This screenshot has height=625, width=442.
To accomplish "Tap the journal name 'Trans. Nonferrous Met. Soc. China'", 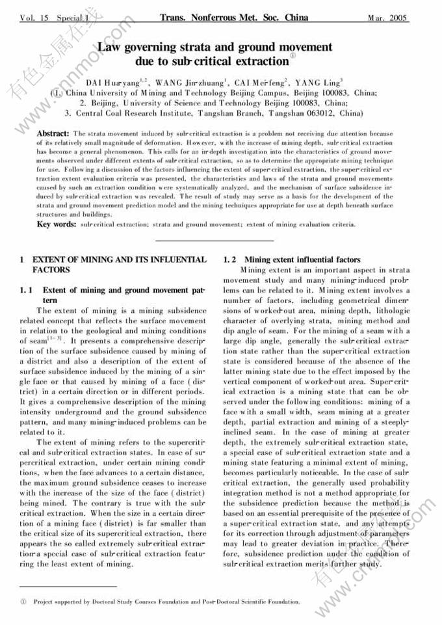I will point(233,18).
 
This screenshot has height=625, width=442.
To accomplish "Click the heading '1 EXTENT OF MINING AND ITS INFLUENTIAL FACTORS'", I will point(113,264).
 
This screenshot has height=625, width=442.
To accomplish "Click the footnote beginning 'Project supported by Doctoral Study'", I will point(166,602).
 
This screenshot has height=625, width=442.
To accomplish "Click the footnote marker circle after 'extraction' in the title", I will point(292,57).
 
